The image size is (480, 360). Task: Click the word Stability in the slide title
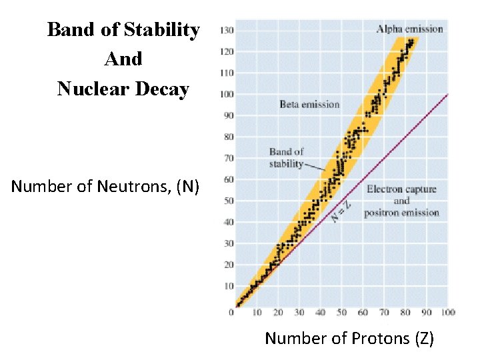[163, 31]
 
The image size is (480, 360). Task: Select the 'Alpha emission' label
[409, 29]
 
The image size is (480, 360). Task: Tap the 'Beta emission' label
[309, 104]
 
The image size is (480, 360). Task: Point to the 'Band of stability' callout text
[286, 158]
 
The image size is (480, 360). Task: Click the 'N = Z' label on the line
[342, 212]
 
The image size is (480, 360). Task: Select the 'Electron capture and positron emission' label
[401, 201]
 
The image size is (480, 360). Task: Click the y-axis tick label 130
[227, 30]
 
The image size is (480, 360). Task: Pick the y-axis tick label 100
[227, 94]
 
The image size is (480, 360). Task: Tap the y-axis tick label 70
[229, 158]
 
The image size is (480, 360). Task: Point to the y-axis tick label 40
[229, 222]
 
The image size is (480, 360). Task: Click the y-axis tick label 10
[229, 286]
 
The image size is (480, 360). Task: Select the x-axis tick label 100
[448, 312]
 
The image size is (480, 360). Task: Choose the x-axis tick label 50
[341, 312]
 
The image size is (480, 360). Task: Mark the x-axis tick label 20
[278, 312]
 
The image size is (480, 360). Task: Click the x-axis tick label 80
[405, 312]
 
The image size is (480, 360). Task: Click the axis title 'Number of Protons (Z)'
[349, 338]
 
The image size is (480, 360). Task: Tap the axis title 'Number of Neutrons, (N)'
[105, 186]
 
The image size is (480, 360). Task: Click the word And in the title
[123, 59]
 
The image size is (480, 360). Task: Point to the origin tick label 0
[231, 312]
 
